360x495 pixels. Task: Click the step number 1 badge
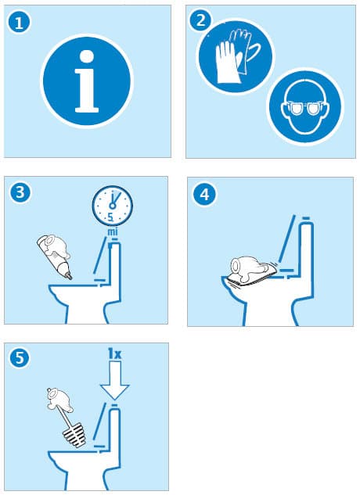coord(20,23)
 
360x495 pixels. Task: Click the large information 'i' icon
coord(86,80)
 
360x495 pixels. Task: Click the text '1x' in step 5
coord(115,354)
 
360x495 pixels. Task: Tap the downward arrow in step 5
coord(115,382)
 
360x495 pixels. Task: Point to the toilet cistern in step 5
coord(116,434)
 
